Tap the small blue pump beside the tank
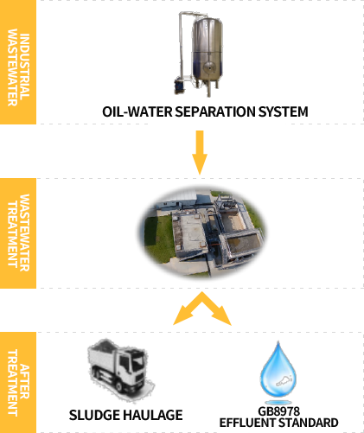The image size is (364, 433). tap(179, 86)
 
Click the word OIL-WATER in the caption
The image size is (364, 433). tap(137, 111)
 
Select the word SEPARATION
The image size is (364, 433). tap(215, 111)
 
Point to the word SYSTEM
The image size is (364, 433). tap(283, 111)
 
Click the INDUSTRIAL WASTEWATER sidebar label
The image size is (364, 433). tap(18, 67)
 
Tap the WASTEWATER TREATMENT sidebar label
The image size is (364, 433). tap(18, 232)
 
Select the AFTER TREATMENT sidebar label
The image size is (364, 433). tap(18, 383)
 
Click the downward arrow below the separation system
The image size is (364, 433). tap(200, 152)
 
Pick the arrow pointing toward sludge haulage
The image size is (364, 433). tap(188, 309)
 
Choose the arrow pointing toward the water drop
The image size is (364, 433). tap(216, 309)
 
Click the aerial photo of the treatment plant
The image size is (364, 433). tap(202, 232)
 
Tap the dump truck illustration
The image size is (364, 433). tap(120, 370)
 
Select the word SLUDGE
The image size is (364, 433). tap(94, 415)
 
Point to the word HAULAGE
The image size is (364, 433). tap(153, 415)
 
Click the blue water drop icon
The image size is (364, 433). tap(278, 370)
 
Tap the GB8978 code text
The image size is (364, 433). tap(278, 411)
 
